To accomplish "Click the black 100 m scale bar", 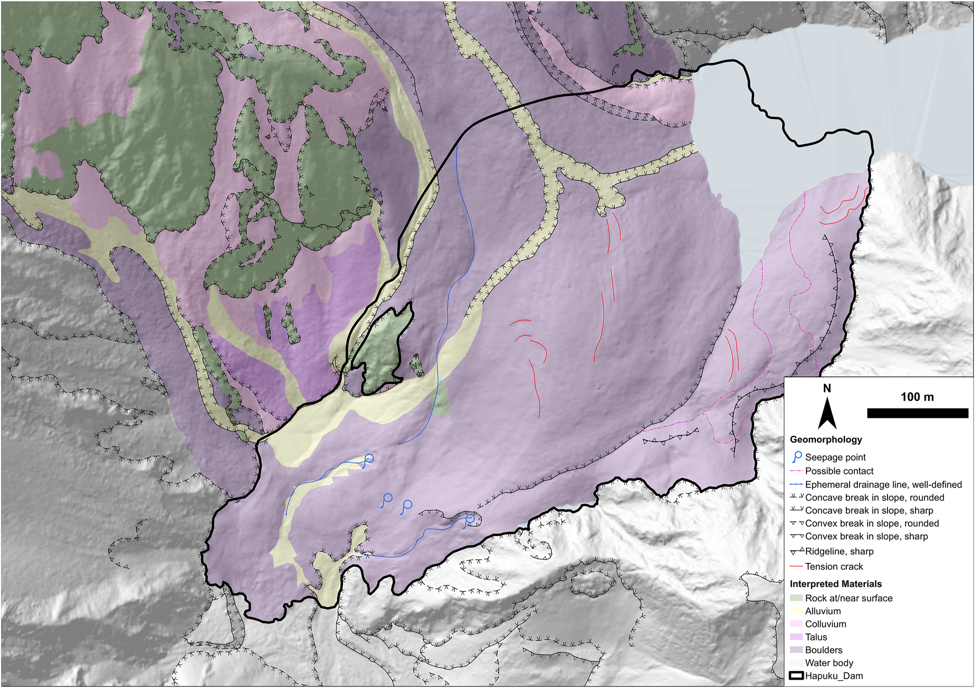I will pyautogui.click(x=917, y=413).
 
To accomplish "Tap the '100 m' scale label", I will pyautogui.click(x=917, y=397).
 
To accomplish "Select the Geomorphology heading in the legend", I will pyautogui.click(x=825, y=439).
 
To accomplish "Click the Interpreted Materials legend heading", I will pyautogui.click(x=835, y=584).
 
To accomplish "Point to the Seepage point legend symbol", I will pyautogui.click(x=796, y=457).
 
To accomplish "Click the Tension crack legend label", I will pyautogui.click(x=834, y=566).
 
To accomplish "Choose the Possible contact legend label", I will pyautogui.click(x=839, y=471).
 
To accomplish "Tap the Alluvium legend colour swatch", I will pyautogui.click(x=796, y=611).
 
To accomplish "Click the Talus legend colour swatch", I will pyautogui.click(x=796, y=637).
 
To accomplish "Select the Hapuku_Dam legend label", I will pyautogui.click(x=834, y=676).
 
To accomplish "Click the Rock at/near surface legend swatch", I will pyautogui.click(x=796, y=598).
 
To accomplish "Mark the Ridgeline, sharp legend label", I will pyautogui.click(x=839, y=552).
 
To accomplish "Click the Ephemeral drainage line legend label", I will pyautogui.click(x=883, y=484).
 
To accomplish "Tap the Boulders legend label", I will pyautogui.click(x=823, y=650).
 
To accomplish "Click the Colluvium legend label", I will pyautogui.click(x=825, y=624).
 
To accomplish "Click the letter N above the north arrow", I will pyautogui.click(x=826, y=389).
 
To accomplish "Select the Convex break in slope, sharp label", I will pyautogui.click(x=866, y=536).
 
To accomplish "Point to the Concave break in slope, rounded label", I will pyautogui.click(x=874, y=498).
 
